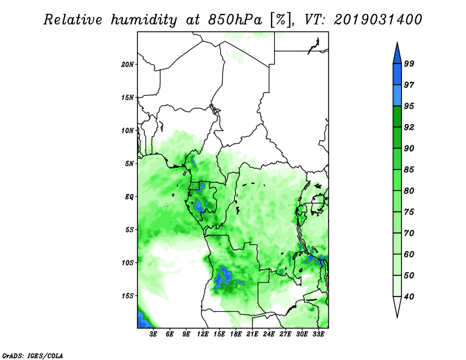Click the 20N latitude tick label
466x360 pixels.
[x=128, y=65]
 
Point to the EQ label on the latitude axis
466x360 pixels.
[x=129, y=197]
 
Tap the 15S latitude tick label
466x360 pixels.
[x=128, y=296]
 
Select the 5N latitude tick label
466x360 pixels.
[x=129, y=164]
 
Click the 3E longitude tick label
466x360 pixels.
[x=153, y=334]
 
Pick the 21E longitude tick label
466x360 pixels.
[x=252, y=334]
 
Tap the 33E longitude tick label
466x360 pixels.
[x=318, y=334]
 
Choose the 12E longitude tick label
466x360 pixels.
[x=203, y=334]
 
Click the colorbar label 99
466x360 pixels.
[x=409, y=63]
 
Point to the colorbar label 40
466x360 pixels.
[x=409, y=297]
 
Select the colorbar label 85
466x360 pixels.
[x=409, y=170]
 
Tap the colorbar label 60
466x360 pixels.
[x=409, y=255]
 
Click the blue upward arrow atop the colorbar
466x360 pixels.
[x=397, y=54]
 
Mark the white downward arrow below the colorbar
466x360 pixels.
[x=397, y=306]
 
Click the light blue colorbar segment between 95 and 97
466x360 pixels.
[x=397, y=96]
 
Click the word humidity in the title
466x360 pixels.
[x=144, y=20]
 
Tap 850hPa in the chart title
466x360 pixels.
[x=235, y=20]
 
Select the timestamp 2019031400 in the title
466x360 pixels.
[x=377, y=20]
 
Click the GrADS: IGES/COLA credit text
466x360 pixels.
[x=33, y=356]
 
